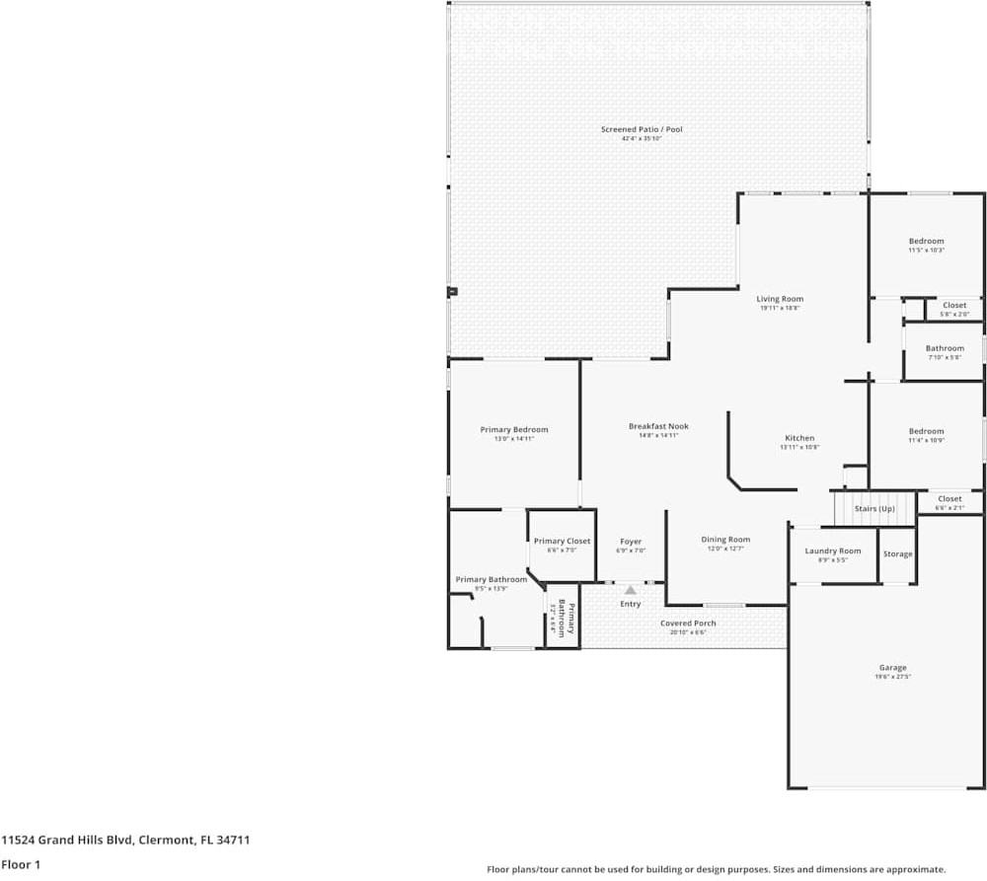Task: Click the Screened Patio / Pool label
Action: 642,129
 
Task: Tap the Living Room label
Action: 780,299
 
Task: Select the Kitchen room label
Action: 799,438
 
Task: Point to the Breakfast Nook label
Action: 658,426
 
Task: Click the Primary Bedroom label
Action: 513,429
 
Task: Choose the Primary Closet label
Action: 562,541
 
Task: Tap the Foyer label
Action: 631,542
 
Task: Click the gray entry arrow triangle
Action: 631,589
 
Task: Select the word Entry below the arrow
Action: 631,604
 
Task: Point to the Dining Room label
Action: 725,540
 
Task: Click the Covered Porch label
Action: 688,624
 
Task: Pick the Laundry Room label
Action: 833,551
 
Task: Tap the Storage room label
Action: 897,554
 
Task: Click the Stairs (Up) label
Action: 874,508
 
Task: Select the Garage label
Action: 892,668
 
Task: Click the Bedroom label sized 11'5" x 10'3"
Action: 926,241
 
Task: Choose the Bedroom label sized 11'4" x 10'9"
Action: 926,431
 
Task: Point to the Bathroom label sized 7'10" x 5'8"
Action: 945,348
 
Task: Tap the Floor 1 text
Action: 21,864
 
